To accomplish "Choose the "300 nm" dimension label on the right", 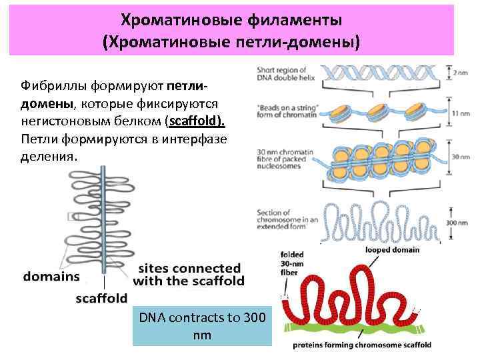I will [460, 224].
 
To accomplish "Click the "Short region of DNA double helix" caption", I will [283, 74].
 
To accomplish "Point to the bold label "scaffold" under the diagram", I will [101, 298].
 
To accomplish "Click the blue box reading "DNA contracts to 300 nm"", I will [202, 325].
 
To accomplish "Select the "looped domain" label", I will [392, 250].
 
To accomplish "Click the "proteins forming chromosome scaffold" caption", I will [362, 345].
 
